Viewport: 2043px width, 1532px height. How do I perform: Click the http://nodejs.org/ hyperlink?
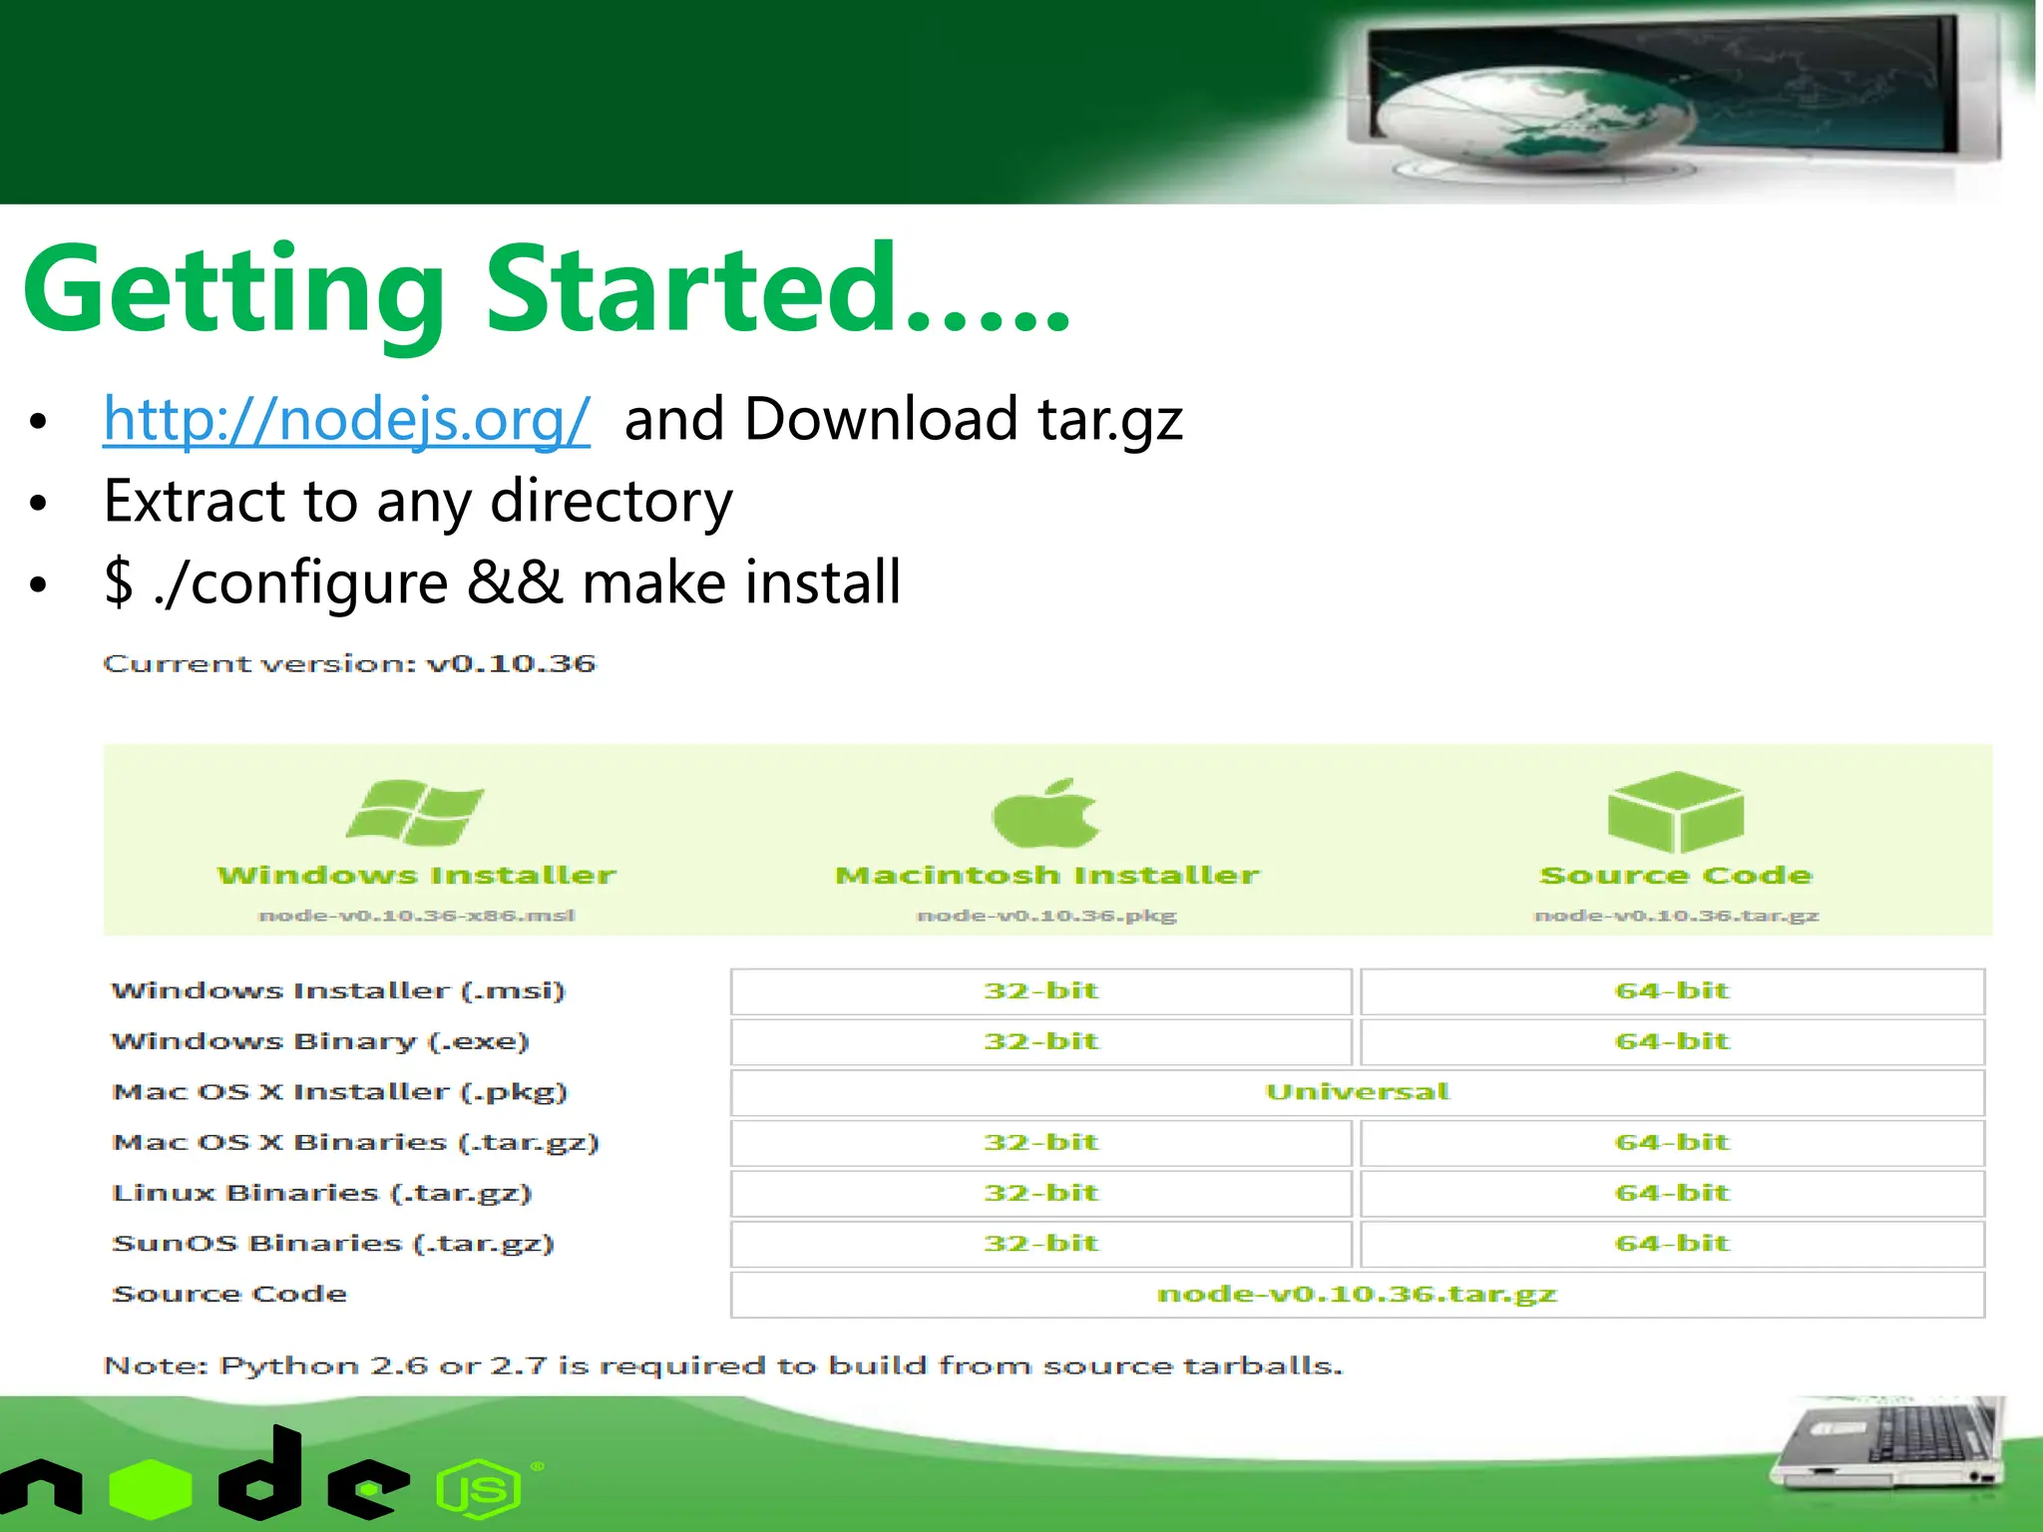[346, 419]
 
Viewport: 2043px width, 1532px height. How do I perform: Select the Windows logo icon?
[415, 812]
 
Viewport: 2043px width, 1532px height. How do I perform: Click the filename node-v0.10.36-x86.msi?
[417, 916]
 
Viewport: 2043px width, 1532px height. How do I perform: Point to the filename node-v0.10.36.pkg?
[1046, 916]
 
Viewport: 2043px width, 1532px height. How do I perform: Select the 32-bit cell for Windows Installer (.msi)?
[1040, 991]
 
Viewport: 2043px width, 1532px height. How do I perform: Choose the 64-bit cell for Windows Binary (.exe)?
[1672, 1041]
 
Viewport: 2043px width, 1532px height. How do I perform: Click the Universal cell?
[1357, 1092]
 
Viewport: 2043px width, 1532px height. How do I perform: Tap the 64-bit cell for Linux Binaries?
[1672, 1193]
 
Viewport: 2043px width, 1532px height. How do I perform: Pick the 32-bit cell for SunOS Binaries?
[1040, 1244]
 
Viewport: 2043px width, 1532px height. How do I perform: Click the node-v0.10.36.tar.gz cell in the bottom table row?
[1357, 1295]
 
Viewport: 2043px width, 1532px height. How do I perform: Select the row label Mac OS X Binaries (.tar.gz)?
[355, 1143]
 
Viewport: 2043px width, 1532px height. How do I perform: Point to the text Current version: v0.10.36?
[349, 664]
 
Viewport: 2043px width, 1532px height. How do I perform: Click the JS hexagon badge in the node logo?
[479, 1490]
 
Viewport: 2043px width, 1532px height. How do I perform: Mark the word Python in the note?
[288, 1365]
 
